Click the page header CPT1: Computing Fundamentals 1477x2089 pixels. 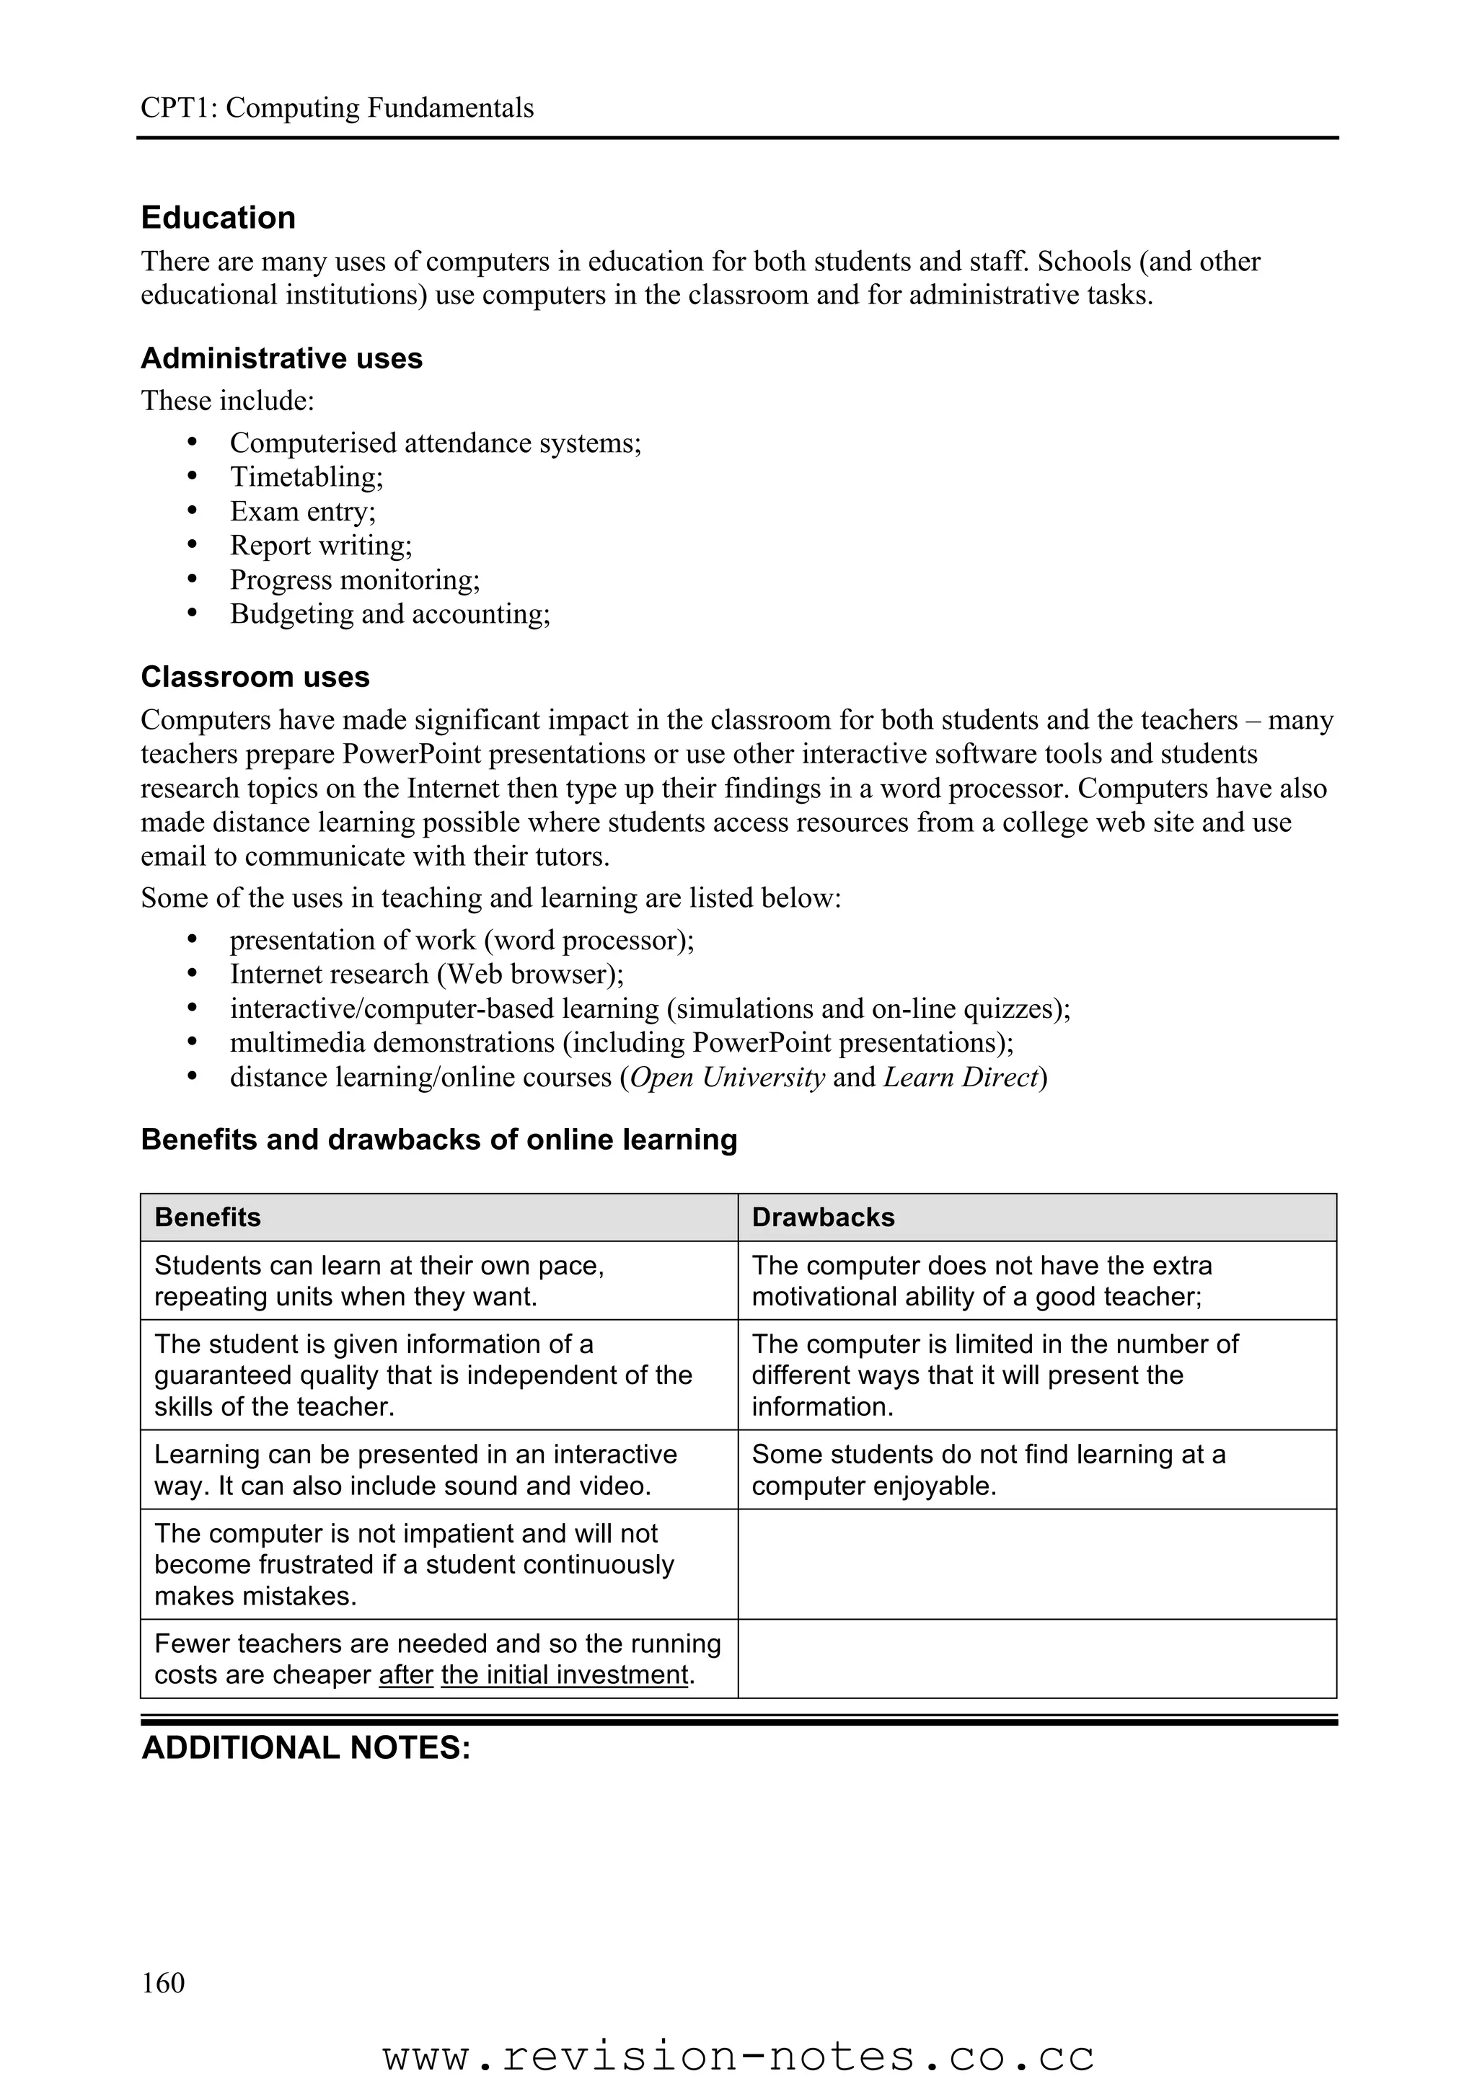[337, 108]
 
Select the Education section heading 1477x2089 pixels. [219, 218]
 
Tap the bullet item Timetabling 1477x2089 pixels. [306, 476]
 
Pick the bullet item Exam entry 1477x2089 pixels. [302, 511]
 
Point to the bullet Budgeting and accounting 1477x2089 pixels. [389, 614]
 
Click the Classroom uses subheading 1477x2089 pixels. [255, 677]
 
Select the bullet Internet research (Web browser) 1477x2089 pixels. [426, 975]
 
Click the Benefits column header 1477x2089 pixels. [208, 1218]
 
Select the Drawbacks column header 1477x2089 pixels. [823, 1218]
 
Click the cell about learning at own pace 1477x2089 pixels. [379, 1281]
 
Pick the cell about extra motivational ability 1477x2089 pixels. [981, 1281]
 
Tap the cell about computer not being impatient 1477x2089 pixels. [414, 1565]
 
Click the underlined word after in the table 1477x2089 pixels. [406, 1675]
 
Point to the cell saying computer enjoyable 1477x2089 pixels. [987, 1471]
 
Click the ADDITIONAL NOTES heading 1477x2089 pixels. [306, 1748]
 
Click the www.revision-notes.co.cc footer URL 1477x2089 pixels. [738, 2057]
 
